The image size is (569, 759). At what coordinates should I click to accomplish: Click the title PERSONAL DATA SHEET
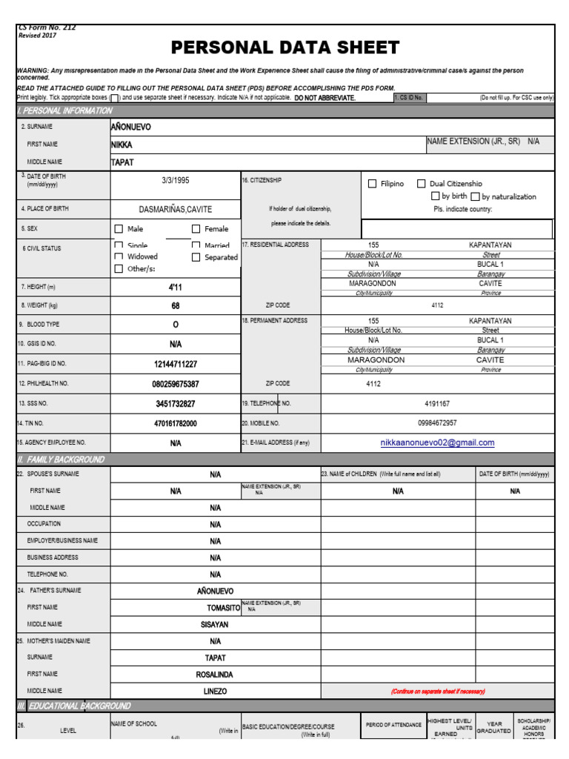[x=285, y=49]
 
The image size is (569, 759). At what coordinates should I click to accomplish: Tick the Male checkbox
[x=119, y=229]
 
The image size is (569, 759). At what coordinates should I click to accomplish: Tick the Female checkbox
[x=196, y=229]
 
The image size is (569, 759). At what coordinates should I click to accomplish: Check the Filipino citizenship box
[x=373, y=184]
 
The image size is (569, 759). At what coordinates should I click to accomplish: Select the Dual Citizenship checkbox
[x=422, y=184]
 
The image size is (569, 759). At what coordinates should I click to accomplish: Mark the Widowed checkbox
[x=119, y=257]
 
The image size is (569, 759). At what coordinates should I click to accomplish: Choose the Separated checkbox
[x=196, y=257]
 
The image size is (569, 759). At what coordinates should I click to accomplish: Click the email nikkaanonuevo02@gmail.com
[x=437, y=443]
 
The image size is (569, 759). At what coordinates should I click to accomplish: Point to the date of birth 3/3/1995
[x=176, y=180]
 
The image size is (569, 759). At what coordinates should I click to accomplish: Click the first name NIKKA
[x=122, y=145]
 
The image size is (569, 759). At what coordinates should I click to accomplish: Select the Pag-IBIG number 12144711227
[x=176, y=364]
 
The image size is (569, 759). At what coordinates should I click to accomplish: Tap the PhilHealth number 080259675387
[x=176, y=384]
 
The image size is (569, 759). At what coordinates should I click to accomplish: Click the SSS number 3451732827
[x=176, y=404]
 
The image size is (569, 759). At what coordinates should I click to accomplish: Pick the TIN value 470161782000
[x=176, y=423]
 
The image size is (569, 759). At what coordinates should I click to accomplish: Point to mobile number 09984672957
[x=437, y=423]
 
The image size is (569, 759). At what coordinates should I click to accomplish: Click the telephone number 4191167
[x=437, y=404]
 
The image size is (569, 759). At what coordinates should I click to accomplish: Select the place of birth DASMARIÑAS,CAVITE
[x=176, y=210]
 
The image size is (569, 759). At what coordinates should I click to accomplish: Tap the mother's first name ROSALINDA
[x=215, y=675]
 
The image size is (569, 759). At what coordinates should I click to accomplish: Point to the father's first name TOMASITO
[x=223, y=608]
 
